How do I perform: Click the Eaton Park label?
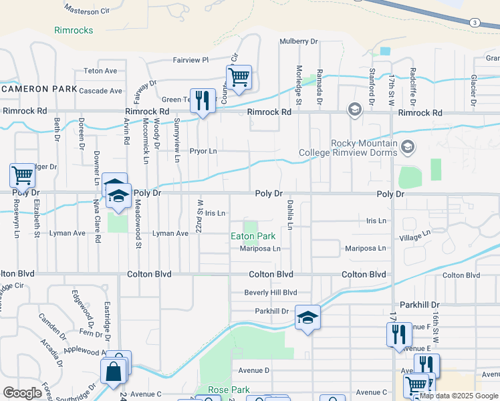[253, 237]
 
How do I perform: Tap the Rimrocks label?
[74, 30]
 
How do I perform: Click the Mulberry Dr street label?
[298, 41]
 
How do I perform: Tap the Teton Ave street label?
[100, 71]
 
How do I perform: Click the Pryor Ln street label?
[204, 152]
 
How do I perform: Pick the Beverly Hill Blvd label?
[270, 292]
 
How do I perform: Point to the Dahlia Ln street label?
[290, 214]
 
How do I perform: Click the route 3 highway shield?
[474, 23]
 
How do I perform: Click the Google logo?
[23, 393]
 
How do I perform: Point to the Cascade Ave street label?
[100, 91]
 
